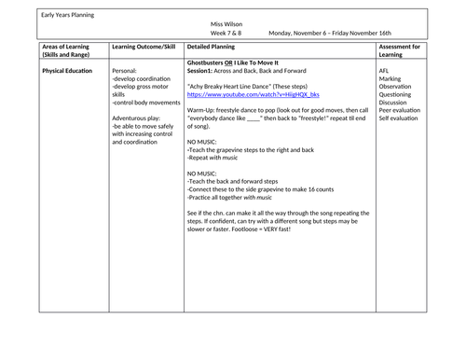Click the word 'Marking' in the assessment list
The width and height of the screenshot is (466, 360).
(x=391, y=79)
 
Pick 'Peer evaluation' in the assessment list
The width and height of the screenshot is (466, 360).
(x=402, y=112)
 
